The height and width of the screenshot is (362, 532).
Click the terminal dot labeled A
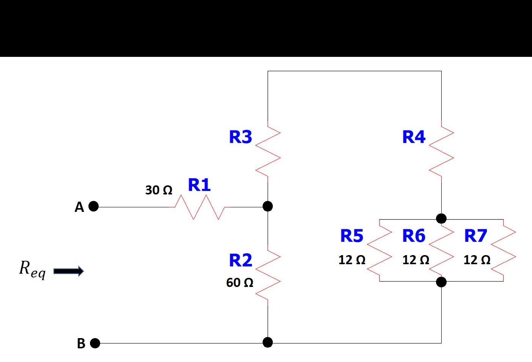point(93,207)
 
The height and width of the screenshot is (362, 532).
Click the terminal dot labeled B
point(95,343)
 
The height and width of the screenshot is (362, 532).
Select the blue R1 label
point(199,185)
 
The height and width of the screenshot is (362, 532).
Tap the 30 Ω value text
point(159,190)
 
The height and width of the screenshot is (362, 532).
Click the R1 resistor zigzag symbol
point(200,207)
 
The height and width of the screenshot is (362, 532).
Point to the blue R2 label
point(241,260)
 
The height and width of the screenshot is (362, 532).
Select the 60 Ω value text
point(239,282)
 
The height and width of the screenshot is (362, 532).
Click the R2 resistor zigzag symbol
point(268,275)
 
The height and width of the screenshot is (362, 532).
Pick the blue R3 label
point(241,137)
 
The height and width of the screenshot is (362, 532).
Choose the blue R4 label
point(414,137)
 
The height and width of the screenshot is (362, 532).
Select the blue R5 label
point(352,236)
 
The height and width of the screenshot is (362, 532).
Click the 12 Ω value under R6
point(416,260)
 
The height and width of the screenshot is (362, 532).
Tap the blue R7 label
point(475,236)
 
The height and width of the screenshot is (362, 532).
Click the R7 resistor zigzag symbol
point(504,251)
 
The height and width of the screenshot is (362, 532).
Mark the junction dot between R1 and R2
point(268,206)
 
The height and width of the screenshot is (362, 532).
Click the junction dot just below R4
point(441,218)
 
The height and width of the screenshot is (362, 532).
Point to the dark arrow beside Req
point(69,271)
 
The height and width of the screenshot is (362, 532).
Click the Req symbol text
point(32,269)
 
